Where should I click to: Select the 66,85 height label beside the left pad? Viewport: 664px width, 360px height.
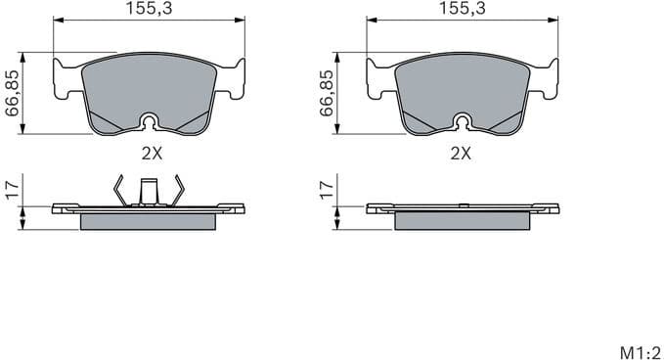point(13,92)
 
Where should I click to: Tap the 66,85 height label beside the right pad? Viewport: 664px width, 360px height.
point(327,92)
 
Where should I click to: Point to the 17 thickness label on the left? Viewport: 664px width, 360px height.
point(13,189)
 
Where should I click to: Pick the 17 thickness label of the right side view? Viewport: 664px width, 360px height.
point(327,189)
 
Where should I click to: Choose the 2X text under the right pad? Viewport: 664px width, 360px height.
point(461,154)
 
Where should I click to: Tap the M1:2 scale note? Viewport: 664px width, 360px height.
point(640,349)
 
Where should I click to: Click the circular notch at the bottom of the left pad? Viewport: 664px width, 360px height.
point(149,121)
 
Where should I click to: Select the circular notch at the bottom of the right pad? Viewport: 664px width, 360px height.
point(462,121)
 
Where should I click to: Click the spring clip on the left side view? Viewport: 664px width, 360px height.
point(148,190)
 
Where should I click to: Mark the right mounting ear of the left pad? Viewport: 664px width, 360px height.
point(231,79)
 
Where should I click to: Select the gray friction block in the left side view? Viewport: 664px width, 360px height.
point(148,221)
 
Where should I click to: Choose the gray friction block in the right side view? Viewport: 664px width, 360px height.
point(462,221)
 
